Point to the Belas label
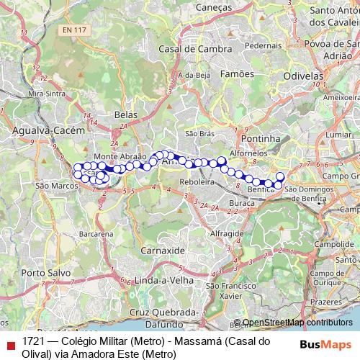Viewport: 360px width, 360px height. (126, 114)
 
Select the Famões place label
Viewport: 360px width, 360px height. (238, 73)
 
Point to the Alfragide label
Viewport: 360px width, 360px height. (228, 234)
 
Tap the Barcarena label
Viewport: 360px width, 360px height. (96, 234)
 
